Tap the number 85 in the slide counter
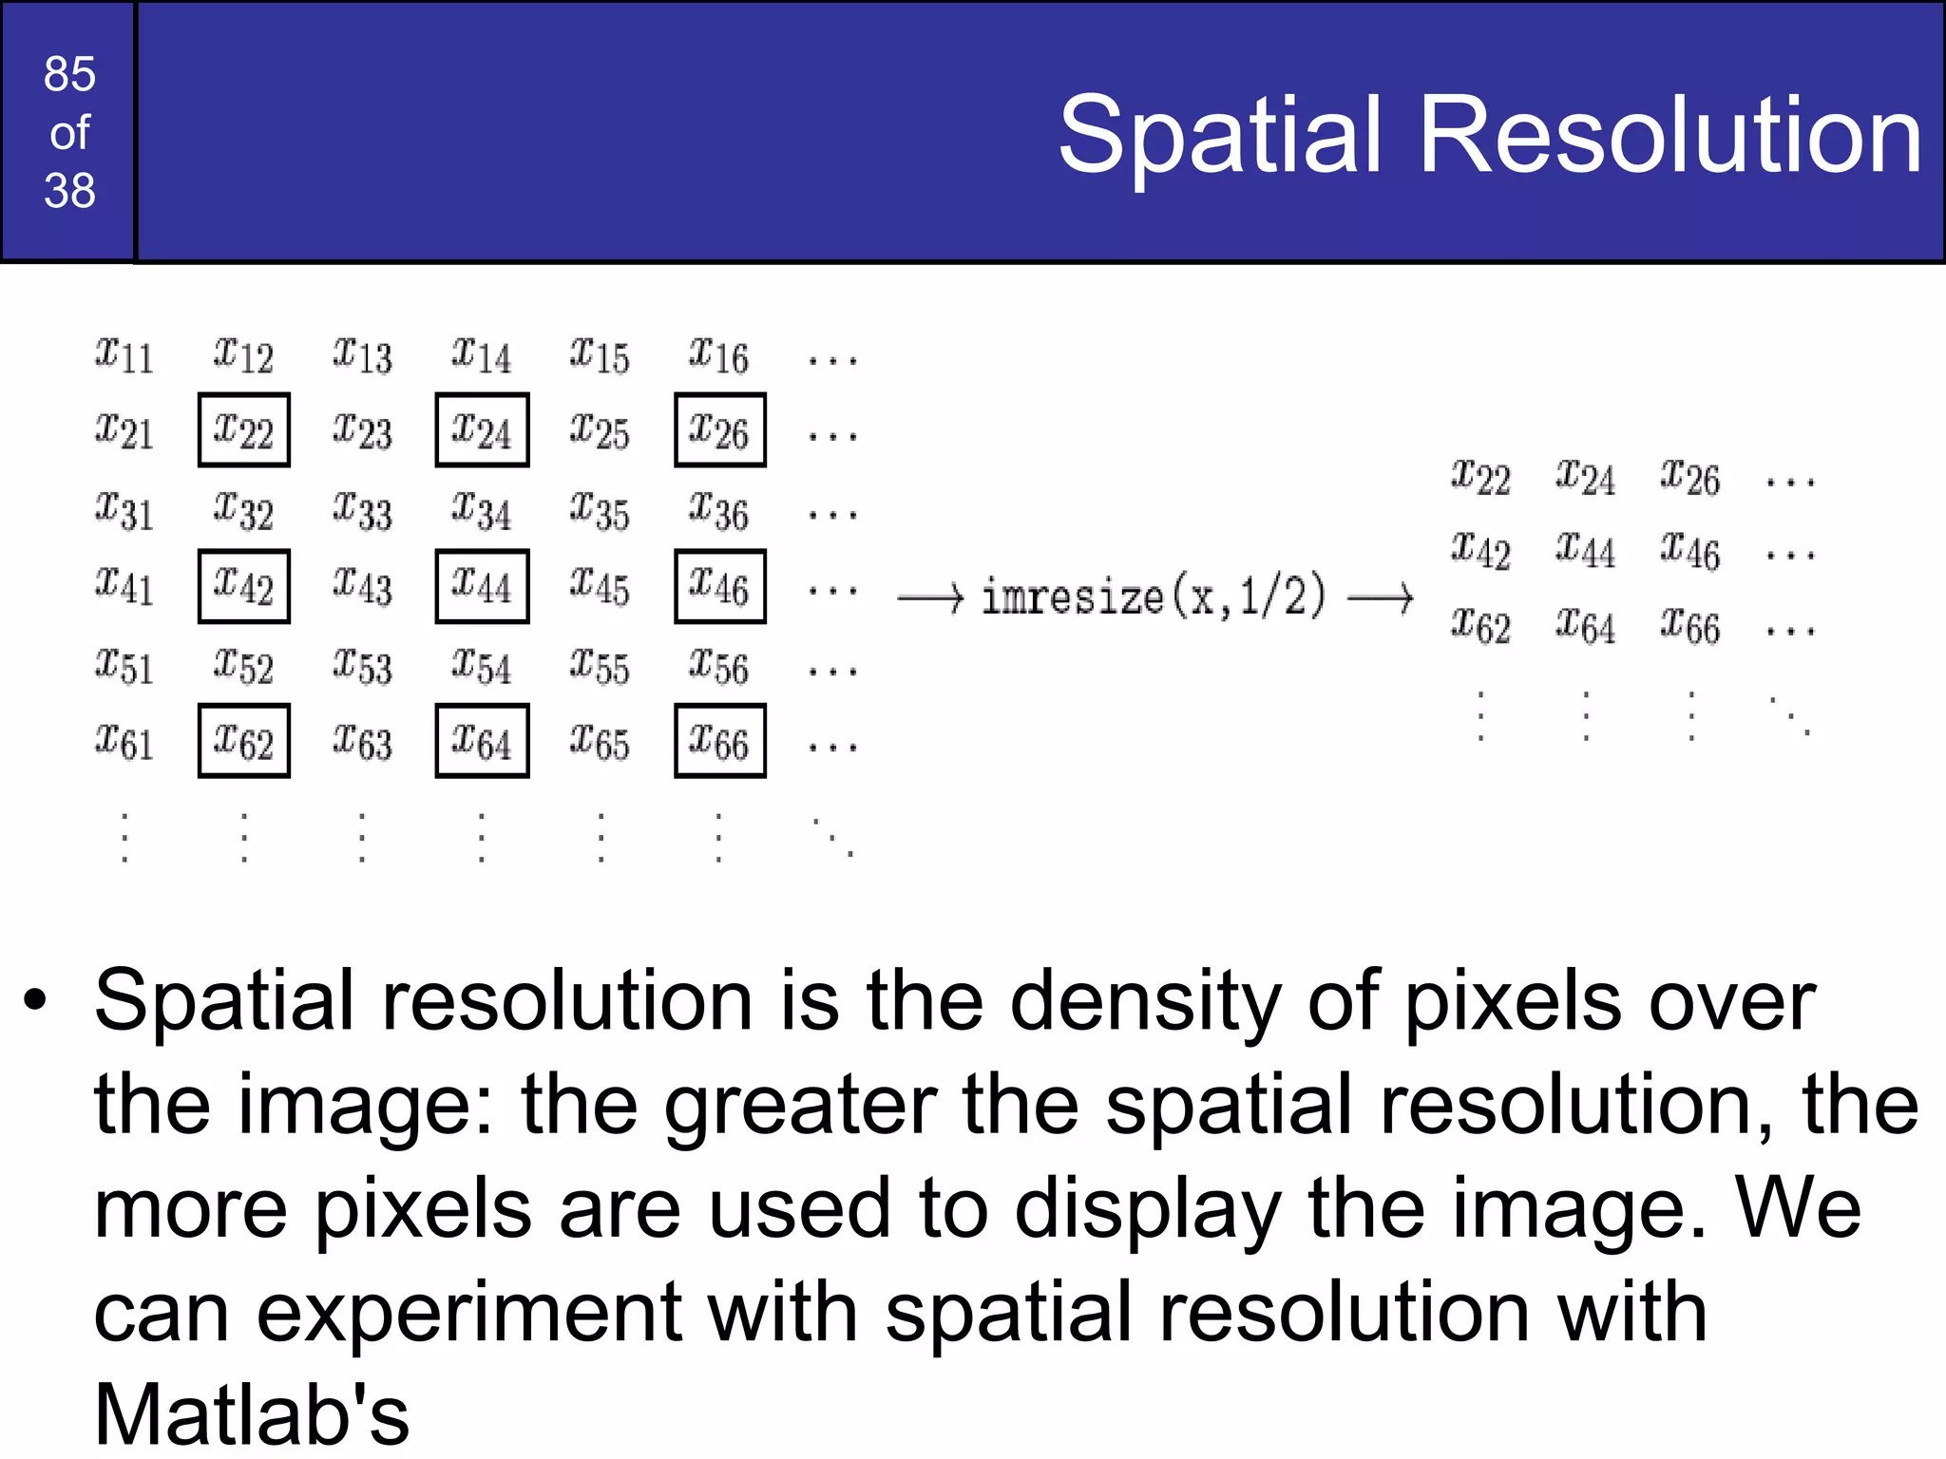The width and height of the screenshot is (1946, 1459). (69, 74)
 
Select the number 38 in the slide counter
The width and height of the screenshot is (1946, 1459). (69, 191)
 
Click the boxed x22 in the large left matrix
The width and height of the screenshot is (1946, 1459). (243, 430)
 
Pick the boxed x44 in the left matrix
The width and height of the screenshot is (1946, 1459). (482, 586)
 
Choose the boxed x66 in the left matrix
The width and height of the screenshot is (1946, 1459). (719, 741)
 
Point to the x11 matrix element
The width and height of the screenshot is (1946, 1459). (124, 354)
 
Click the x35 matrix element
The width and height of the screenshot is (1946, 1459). (600, 511)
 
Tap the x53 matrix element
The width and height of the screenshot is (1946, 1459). (362, 666)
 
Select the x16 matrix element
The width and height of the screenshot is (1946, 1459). (719, 354)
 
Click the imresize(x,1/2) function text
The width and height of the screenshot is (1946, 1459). (1153, 597)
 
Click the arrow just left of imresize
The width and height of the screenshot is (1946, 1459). (930, 598)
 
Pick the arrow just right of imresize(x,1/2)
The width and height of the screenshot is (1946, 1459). (1381, 598)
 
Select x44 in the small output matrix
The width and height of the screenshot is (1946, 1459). (1585, 551)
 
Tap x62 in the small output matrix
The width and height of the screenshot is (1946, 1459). (1480, 626)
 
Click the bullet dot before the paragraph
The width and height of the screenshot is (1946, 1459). (36, 1000)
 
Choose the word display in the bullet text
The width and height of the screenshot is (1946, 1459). (1147, 1210)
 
